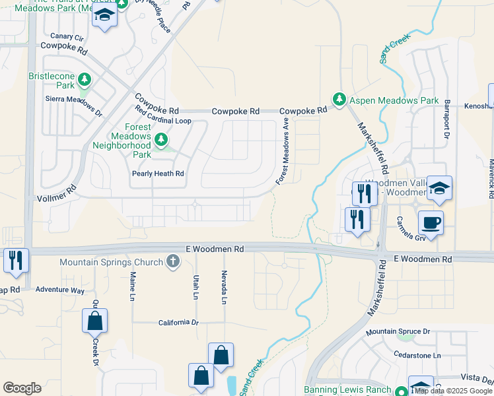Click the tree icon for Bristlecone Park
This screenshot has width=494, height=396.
point(84,81)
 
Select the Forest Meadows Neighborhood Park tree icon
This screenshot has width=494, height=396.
point(160,139)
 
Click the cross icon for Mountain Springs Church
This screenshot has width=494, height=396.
point(172,262)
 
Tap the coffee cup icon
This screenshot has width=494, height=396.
point(431,223)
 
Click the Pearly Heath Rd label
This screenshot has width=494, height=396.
point(157,174)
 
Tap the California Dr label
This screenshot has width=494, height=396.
point(178,323)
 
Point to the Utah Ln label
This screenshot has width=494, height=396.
point(196,286)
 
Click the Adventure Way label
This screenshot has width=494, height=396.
point(60,290)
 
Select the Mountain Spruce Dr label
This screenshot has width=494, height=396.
point(399,331)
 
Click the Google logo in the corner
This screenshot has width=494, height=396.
point(22,388)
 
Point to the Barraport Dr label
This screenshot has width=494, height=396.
point(447,119)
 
